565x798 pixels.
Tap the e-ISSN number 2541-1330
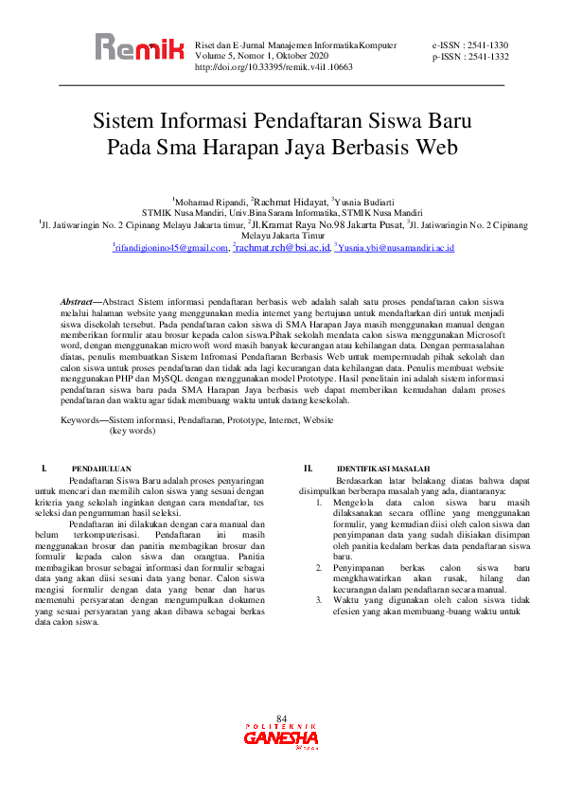pyautogui.click(x=486, y=45)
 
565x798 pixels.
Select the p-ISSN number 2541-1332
pyautogui.click(x=486, y=57)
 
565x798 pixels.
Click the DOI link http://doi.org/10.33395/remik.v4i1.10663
pyautogui.click(x=274, y=68)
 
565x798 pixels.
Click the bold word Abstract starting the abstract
pyautogui.click(x=78, y=300)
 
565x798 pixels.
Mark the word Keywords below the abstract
pyautogui.click(x=82, y=418)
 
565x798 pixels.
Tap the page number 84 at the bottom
pyautogui.click(x=281, y=719)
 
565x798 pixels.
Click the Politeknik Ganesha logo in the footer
pyautogui.click(x=282, y=736)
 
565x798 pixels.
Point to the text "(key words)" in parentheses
pyautogui.click(x=132, y=430)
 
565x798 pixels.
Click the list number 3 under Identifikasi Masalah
pyautogui.click(x=318, y=600)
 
